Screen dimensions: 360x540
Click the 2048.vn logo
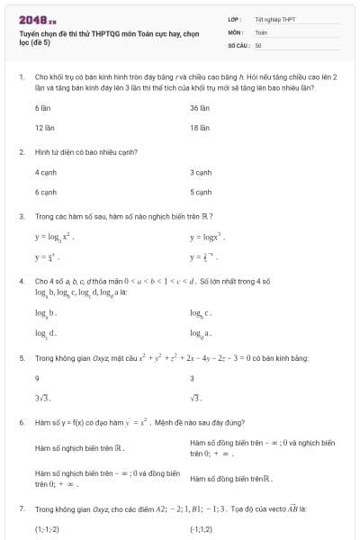pyautogui.click(x=38, y=19)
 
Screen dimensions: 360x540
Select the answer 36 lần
pyautogui.click(x=200, y=107)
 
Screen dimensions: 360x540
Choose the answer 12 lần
pyautogui.click(x=45, y=128)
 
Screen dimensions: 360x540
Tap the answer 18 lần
pyautogui.click(x=200, y=128)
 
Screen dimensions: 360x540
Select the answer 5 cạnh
pyautogui.click(x=201, y=192)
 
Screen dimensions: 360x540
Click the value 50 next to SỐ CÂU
pyautogui.click(x=258, y=44)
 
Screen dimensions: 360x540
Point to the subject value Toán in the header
pyautogui.click(x=261, y=31)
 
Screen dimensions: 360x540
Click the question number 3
pyautogui.click(x=21, y=217)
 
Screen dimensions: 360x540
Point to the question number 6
pyautogui.click(x=21, y=421)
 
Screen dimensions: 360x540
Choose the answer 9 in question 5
pyautogui.click(x=37, y=378)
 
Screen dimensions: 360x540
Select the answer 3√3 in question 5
pyautogui.click(x=43, y=397)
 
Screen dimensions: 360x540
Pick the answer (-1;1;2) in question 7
pyautogui.click(x=202, y=529)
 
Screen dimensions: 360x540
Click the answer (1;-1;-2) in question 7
pyautogui.click(x=47, y=529)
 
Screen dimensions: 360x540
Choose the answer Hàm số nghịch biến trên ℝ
pyautogui.click(x=79, y=447)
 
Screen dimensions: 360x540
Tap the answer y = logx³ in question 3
pyautogui.click(x=207, y=238)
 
